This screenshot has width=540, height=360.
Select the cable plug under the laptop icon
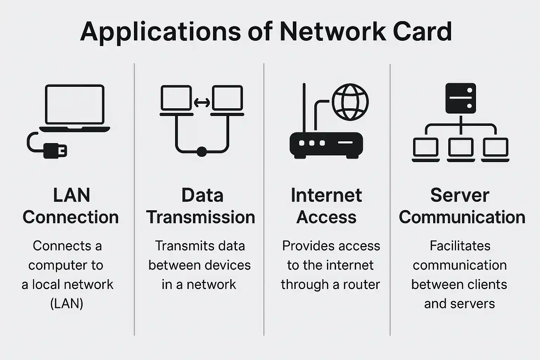pos(55,150)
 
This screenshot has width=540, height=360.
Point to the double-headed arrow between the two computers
pos(202,103)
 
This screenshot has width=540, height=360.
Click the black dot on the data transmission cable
pos(201,152)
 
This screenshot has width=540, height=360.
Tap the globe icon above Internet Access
pos(350,102)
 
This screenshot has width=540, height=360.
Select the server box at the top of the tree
pos(461,98)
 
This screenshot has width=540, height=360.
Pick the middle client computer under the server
pos(461,149)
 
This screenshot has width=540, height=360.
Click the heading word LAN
pos(72,195)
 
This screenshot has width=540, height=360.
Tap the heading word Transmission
pos(200,217)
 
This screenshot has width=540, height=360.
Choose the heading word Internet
pos(326,195)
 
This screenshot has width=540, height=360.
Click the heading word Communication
pos(462,217)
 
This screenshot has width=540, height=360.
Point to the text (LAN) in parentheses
pos(67,303)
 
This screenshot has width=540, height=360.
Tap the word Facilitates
pos(460,246)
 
